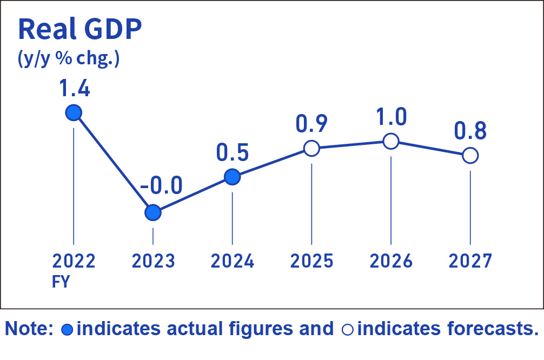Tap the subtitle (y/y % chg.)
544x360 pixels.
(69, 58)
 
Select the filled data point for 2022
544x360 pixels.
(73, 113)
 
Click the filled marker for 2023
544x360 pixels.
(153, 212)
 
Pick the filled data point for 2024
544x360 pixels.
(232, 176)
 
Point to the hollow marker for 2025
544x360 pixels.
(311, 148)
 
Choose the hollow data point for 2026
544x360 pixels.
(391, 142)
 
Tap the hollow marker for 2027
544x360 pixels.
(470, 156)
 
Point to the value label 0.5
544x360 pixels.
(232, 152)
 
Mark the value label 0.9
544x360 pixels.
(311, 124)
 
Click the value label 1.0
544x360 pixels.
(391, 118)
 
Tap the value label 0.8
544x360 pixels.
(470, 131)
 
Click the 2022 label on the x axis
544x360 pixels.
(74, 262)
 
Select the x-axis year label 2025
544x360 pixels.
(311, 262)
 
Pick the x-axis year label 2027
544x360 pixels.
(470, 262)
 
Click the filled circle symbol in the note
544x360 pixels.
(68, 329)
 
